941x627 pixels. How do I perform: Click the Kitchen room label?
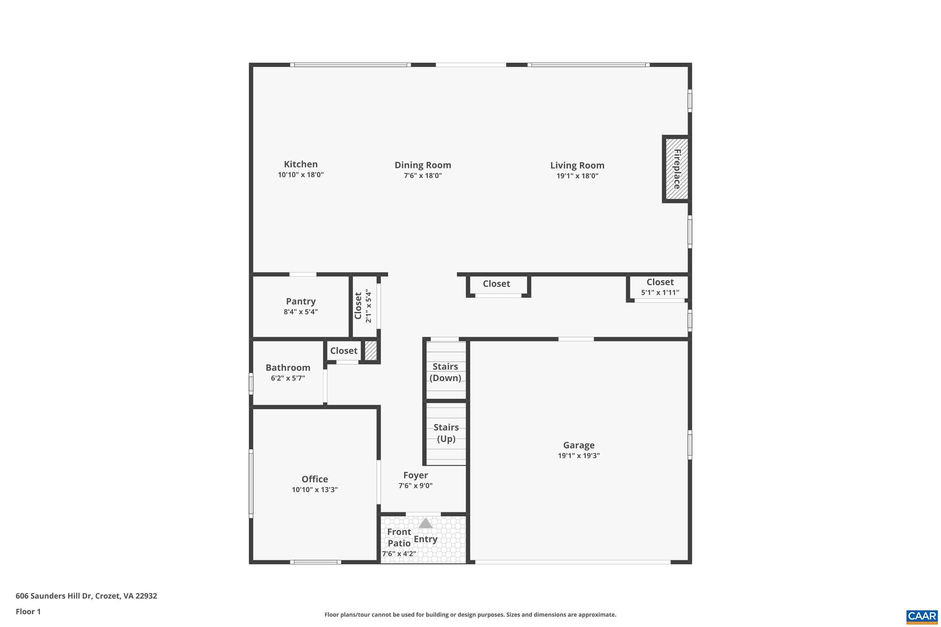coord(300,164)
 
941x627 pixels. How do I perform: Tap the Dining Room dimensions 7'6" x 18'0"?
coord(423,176)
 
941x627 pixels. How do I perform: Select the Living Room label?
coord(577,166)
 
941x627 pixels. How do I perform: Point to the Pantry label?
coord(300,302)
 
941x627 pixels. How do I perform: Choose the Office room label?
coord(315,479)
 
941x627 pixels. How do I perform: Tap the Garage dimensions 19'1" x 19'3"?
coord(578,456)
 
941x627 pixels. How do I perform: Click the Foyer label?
coord(415,476)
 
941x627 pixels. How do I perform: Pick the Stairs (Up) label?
coord(446,433)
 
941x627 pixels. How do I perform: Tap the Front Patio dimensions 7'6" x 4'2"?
coord(399,554)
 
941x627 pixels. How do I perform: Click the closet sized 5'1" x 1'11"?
coord(660,287)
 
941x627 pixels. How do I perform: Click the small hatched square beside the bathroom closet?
coord(371,351)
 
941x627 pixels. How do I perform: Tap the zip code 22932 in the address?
coord(146,596)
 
